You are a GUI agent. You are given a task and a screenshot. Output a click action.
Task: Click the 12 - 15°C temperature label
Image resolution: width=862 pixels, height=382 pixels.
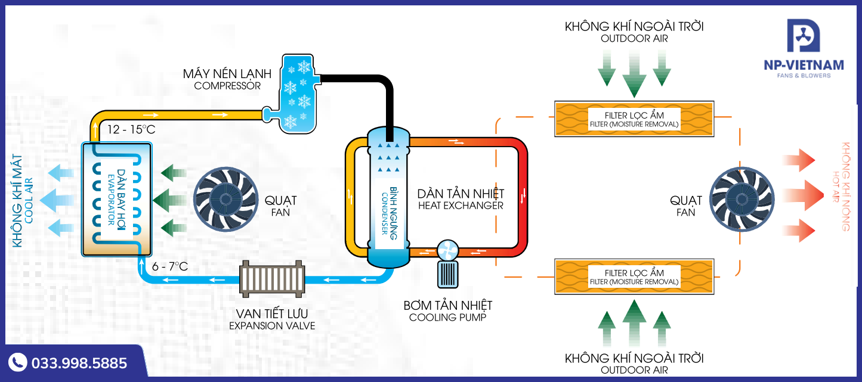point(131,129)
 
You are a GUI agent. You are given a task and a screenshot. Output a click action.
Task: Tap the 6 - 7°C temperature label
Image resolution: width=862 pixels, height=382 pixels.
point(170,266)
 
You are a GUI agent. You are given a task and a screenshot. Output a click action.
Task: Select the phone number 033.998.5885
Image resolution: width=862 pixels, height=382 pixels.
point(79,363)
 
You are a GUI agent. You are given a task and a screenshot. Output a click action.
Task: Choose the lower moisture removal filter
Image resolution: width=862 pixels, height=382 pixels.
point(634,277)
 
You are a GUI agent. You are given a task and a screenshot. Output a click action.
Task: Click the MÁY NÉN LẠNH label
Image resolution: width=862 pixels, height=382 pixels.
point(227,74)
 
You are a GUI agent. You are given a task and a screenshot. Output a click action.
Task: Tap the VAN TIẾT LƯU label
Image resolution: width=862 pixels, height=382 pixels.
point(272,314)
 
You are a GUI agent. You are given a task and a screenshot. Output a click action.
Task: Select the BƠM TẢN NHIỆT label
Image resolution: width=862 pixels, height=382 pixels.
point(448,306)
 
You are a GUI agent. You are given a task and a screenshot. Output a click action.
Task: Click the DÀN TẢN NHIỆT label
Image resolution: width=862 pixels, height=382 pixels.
point(461,194)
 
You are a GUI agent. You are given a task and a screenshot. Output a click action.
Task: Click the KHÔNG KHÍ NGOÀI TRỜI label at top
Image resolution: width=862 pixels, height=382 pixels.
point(634,27)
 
